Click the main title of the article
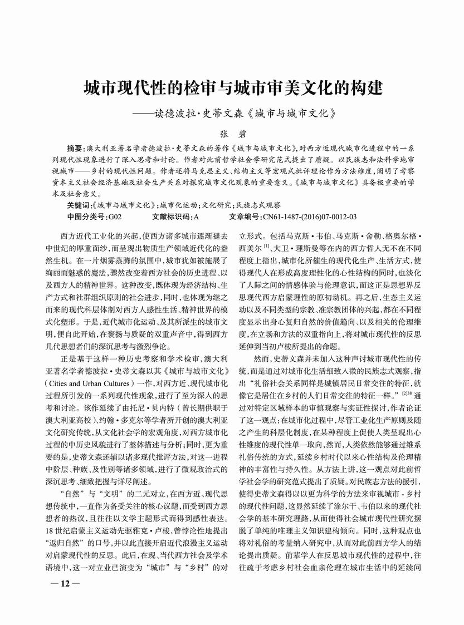(x=232, y=88)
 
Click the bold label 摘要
(x=76, y=149)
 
